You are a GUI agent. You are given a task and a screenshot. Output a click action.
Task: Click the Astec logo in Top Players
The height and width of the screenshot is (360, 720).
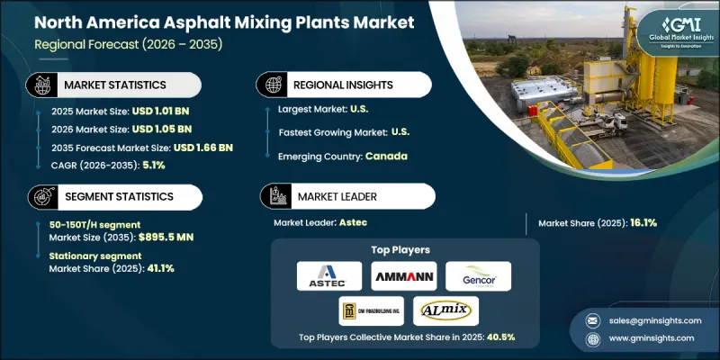[x=327, y=275]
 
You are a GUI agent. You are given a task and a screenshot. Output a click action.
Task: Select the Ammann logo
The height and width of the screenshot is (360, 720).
[x=403, y=275]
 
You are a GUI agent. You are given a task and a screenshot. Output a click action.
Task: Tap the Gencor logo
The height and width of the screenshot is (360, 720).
[x=479, y=275]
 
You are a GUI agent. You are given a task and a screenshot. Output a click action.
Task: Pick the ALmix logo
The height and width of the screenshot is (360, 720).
[x=445, y=310]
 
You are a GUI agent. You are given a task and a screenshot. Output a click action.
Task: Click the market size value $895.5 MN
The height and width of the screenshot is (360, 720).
[x=162, y=237]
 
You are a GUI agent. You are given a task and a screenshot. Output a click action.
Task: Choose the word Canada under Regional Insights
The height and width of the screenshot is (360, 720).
[x=387, y=156]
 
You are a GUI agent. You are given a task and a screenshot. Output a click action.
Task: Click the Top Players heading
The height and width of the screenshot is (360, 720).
[x=402, y=251]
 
